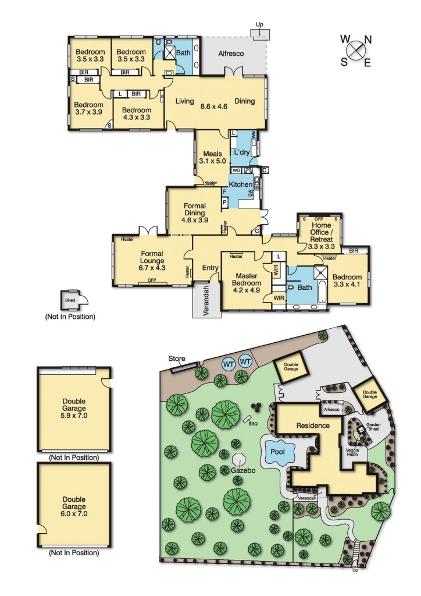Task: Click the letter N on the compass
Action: [367, 40]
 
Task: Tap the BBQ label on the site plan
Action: [252, 423]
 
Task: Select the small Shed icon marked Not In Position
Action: [70, 300]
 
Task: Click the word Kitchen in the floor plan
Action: [240, 184]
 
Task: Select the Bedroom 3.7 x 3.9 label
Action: [87, 109]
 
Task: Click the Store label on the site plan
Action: [176, 358]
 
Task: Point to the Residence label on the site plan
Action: [312, 425]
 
